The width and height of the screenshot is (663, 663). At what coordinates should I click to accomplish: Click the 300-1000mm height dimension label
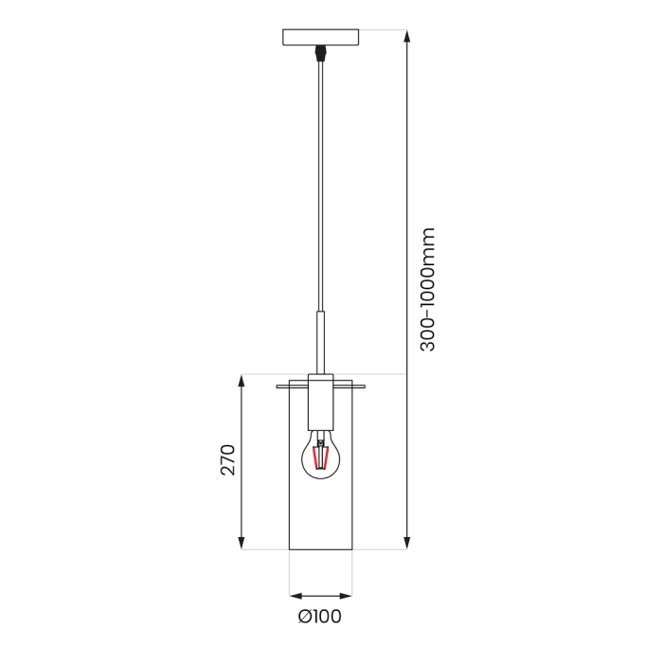tap(428, 290)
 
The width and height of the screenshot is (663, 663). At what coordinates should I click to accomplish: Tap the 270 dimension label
tap(228, 458)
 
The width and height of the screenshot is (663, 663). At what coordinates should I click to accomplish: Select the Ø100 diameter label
tap(320, 618)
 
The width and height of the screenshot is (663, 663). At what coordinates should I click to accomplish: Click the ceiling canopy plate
tap(322, 38)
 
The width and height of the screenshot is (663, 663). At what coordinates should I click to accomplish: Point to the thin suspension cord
tap(322, 189)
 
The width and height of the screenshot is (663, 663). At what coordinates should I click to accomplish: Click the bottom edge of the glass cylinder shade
tap(321, 549)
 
